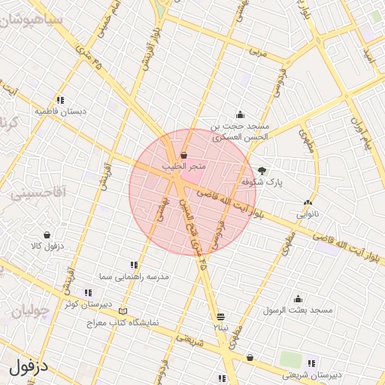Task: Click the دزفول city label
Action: coord(29,368)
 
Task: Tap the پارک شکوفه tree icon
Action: coord(262,171)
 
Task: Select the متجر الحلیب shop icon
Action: coord(184,155)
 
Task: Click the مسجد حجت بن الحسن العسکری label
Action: coord(239,132)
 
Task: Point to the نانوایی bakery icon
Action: coord(307,202)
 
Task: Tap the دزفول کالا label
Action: coord(47,246)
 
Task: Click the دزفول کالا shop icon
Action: coord(47,235)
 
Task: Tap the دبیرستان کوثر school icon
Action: coord(88,293)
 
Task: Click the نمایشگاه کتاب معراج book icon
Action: coord(123,311)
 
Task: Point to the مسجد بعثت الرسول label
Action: coord(298,310)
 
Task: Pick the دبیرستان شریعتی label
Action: coord(313,374)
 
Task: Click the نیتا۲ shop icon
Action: coord(220,317)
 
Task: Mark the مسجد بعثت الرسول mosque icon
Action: coord(298,299)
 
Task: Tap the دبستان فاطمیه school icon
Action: coord(60,99)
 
